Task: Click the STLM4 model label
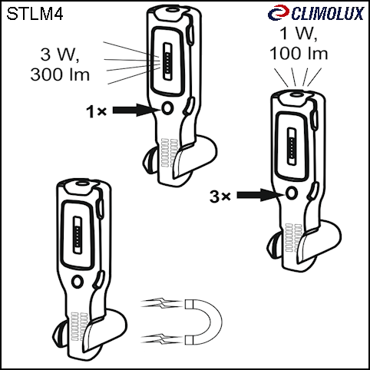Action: pos(35,14)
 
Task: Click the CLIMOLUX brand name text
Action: pos(328,14)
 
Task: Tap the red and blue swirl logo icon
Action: pos(279,12)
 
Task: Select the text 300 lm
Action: pos(60,74)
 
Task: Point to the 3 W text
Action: pos(60,55)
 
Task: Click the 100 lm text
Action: pos(299,54)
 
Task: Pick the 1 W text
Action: pos(299,33)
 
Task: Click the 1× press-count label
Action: pos(96,111)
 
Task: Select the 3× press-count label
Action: pos(220,197)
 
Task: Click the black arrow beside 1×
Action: pos(137,110)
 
